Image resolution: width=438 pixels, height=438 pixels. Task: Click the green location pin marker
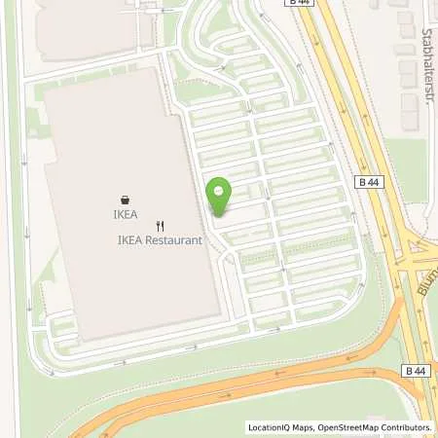click(x=219, y=199)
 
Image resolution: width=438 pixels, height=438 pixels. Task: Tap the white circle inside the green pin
click(x=219, y=191)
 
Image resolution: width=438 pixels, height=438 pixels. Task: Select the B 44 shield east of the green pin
click(x=368, y=182)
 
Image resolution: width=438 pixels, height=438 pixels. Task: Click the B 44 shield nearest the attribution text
click(x=415, y=371)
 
